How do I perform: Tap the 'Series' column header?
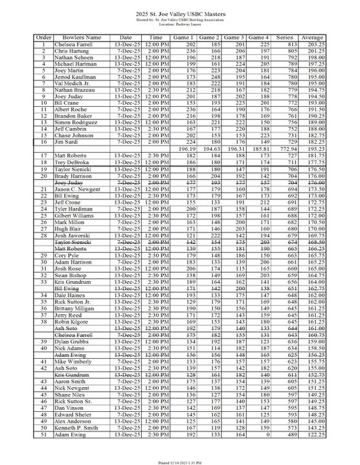(295, 38)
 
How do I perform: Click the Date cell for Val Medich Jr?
(126, 83)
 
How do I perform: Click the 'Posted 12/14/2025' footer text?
(179, 460)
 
